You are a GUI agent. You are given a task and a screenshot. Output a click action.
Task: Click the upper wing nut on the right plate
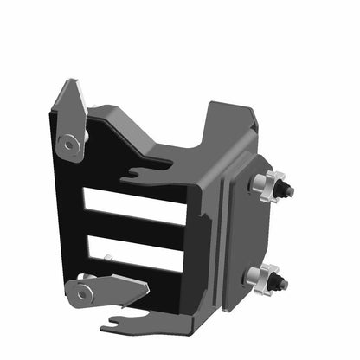click(x=270, y=184)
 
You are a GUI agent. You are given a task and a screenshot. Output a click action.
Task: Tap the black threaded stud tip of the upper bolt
click(x=288, y=190)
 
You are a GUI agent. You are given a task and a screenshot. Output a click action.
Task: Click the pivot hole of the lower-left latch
click(x=82, y=292)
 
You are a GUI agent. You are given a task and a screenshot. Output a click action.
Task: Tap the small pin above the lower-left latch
click(x=108, y=257)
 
